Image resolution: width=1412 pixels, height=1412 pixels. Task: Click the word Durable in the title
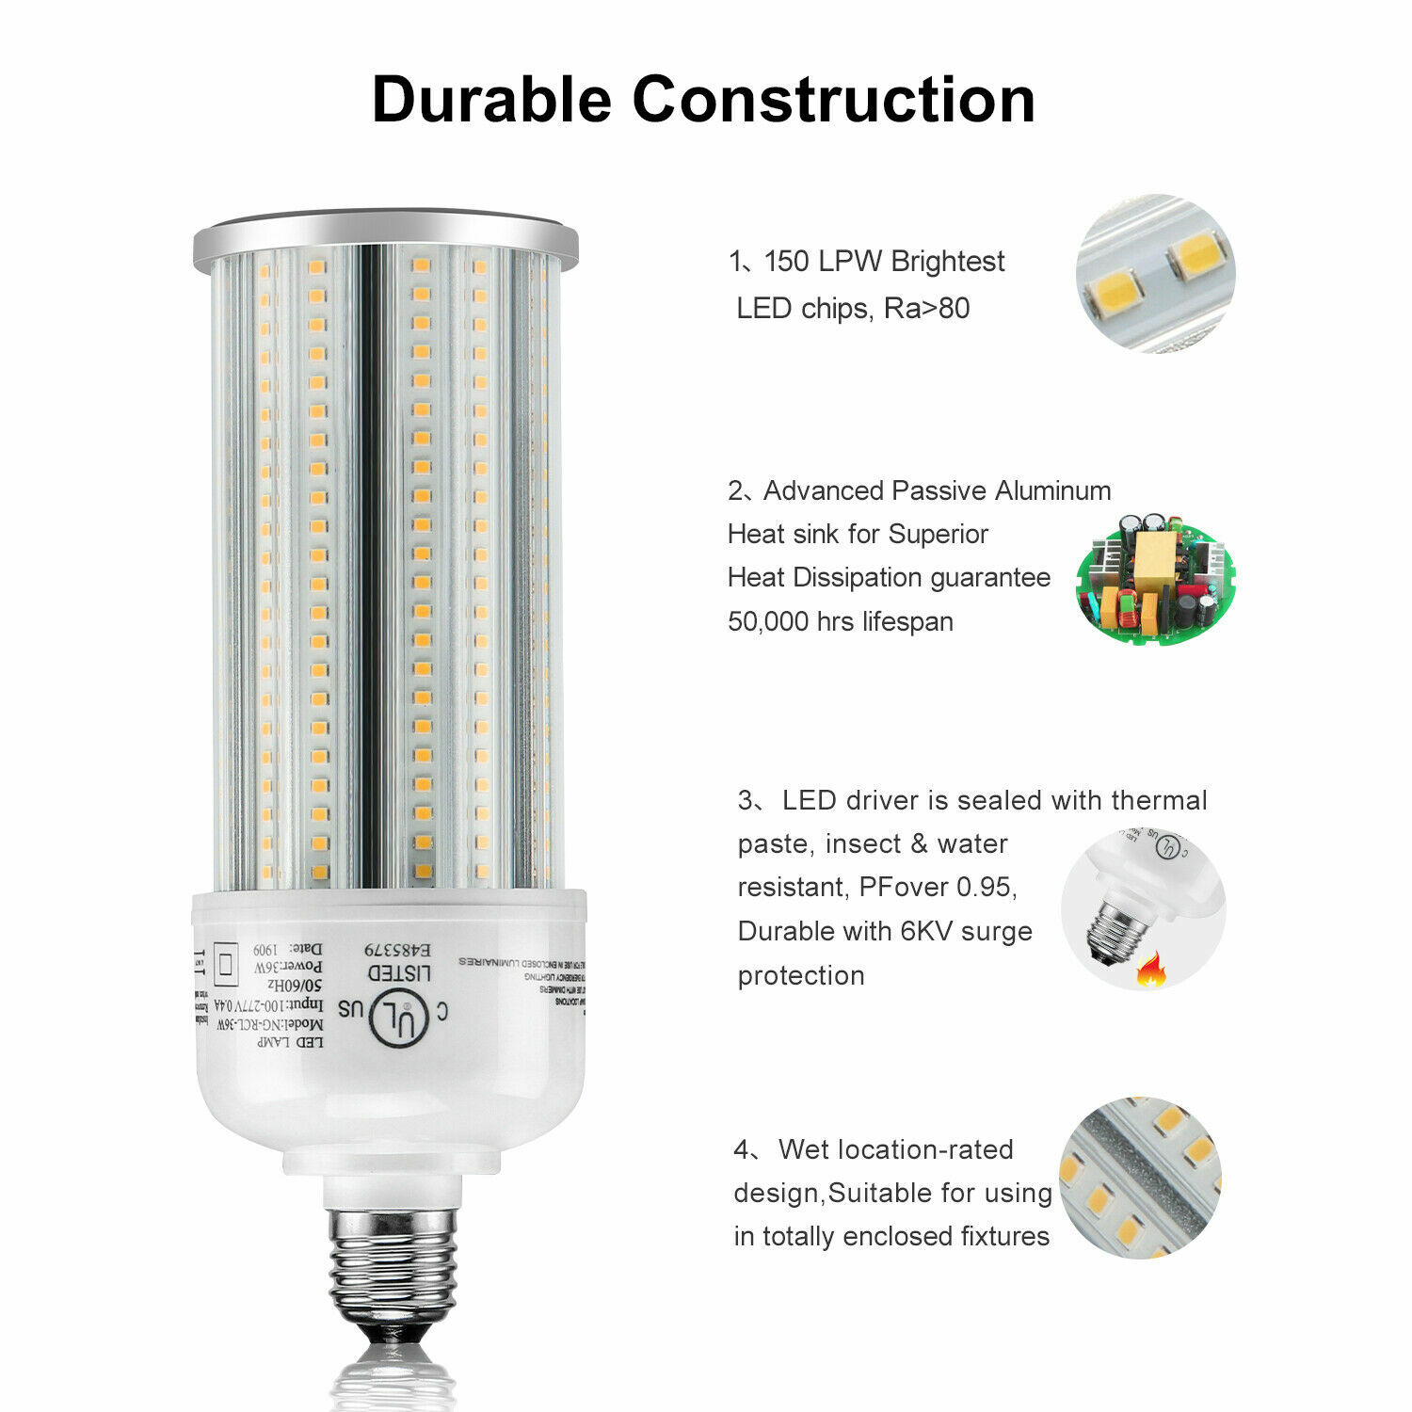click(x=490, y=100)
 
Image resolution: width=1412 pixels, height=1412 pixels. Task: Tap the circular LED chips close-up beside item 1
click(x=1155, y=274)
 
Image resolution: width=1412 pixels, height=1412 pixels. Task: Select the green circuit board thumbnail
click(x=1155, y=578)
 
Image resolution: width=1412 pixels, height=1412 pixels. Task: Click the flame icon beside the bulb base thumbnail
click(x=1149, y=969)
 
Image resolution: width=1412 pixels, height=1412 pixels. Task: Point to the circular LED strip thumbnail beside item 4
click(x=1140, y=1177)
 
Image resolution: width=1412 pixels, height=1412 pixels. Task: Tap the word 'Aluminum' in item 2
click(x=1052, y=490)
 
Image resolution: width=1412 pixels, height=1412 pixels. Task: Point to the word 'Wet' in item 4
click(x=803, y=1149)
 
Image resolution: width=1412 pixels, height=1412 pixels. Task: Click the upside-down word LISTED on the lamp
click(x=399, y=972)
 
